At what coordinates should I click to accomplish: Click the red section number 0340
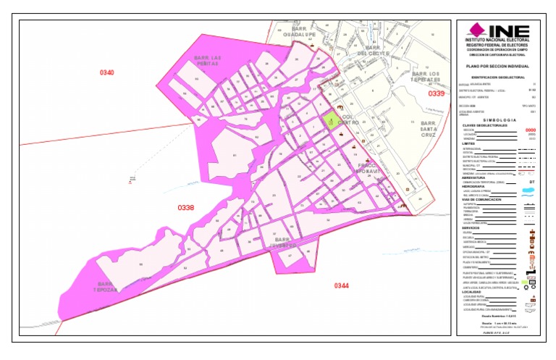107,72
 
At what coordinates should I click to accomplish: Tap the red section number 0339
436,93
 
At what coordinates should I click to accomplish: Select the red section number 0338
186,208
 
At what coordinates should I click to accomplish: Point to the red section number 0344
342,285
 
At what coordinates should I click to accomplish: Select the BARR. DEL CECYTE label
374,50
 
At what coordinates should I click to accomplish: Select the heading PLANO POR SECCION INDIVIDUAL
497,66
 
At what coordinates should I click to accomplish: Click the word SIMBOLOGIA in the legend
497,119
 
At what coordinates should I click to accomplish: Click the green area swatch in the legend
529,278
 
